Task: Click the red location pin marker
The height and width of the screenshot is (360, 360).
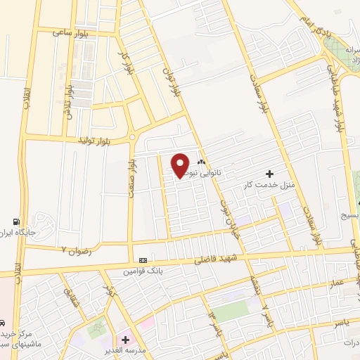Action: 181,165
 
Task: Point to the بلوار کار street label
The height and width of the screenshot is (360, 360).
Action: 127,62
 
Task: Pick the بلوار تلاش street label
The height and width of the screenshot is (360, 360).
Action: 70,103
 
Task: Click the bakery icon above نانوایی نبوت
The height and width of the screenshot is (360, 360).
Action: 202,160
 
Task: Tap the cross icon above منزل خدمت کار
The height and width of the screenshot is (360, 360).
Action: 269,174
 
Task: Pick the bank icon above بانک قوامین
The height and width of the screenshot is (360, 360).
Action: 143,259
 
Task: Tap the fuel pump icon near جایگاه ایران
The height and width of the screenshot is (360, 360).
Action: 18,220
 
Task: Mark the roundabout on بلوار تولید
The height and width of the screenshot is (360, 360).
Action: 131,137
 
